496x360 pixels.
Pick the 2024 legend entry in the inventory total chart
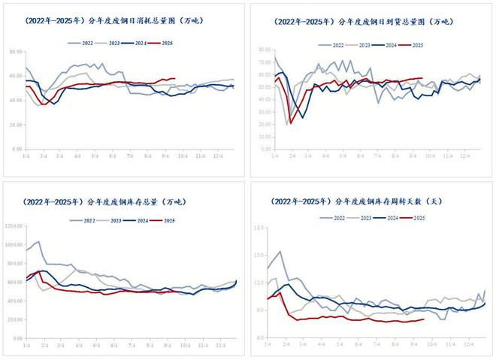[141, 219]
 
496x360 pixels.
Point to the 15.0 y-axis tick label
[259, 226]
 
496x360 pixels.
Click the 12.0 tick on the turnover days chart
[259, 283]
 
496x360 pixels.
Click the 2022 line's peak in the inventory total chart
[38, 241]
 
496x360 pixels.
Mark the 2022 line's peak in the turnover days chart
[280, 252]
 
